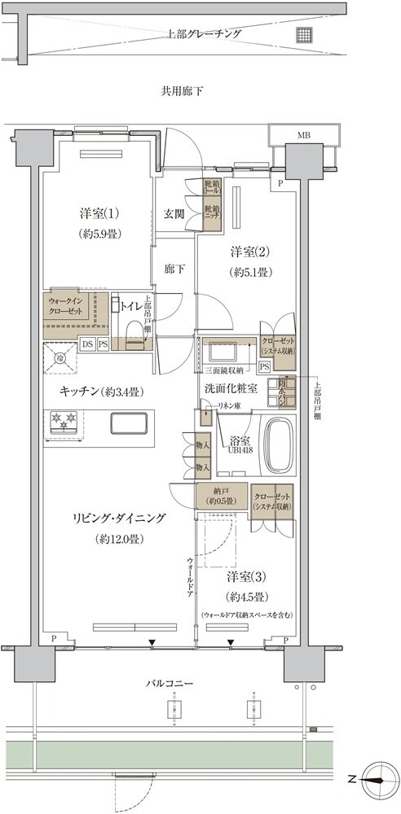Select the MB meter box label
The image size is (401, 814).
[302, 134]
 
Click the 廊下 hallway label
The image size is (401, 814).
[174, 268]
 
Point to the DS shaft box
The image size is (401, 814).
[86, 344]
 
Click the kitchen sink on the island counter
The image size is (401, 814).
[126, 423]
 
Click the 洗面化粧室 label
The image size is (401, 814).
[231, 388]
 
